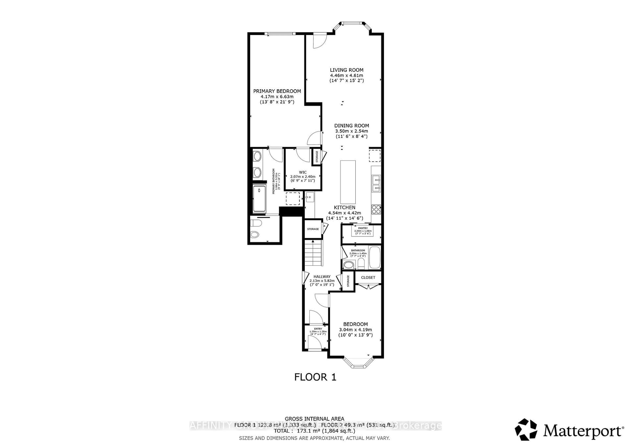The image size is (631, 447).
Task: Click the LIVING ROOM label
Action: (x=347, y=70)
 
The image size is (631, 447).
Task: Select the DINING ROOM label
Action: (x=351, y=126)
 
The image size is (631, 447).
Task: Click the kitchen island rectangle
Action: (x=348, y=182)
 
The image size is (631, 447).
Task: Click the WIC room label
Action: (x=303, y=172)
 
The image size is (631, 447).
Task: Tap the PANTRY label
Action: (x=363, y=228)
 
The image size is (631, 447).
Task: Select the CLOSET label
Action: (x=368, y=277)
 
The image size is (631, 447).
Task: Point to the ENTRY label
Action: (x=318, y=329)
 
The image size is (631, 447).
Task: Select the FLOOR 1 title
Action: (x=315, y=377)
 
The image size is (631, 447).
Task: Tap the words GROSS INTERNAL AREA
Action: (x=314, y=419)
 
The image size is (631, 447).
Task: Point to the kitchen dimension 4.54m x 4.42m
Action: (x=344, y=213)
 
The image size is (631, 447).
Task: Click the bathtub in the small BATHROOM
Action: (x=374, y=258)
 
